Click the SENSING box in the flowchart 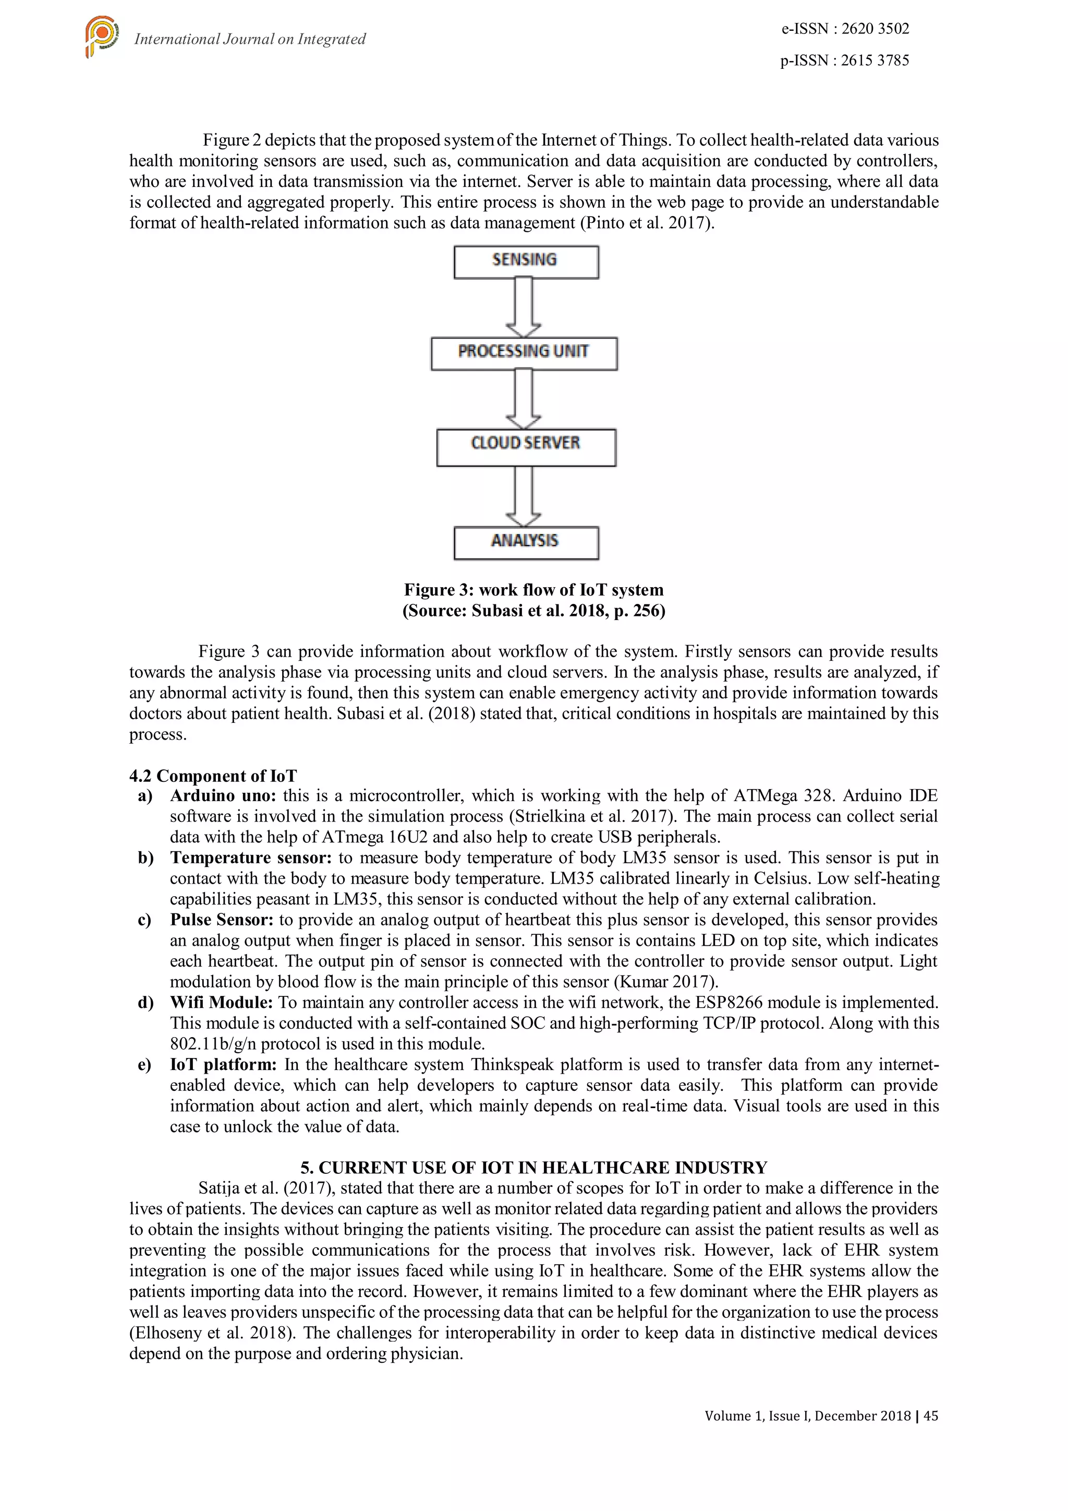[526, 261]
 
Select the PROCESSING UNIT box [524, 353]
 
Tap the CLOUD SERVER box [526, 446]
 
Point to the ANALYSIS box [526, 542]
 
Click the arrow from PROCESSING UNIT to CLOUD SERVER [524, 399]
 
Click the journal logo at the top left [101, 35]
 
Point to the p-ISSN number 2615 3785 [875, 61]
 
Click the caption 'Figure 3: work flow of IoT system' [533, 590]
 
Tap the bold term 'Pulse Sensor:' [222, 919]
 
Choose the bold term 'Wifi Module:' [221, 1002]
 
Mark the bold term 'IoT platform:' [224, 1064]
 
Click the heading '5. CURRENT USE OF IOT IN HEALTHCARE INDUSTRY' [533, 1168]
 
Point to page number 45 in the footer [930, 1415]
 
